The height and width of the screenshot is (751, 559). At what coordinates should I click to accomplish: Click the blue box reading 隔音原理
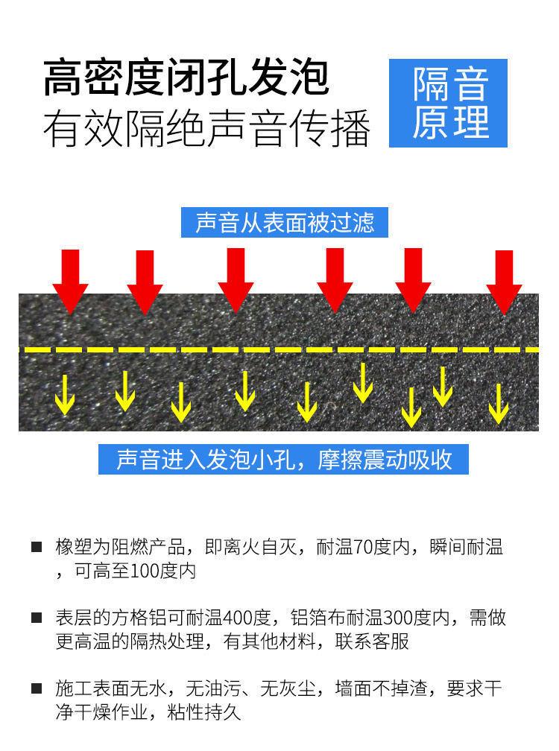pos(449,103)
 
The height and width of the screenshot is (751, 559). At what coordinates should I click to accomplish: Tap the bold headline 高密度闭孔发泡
pos(186,78)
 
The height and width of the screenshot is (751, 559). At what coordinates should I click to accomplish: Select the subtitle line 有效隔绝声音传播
pos(206,128)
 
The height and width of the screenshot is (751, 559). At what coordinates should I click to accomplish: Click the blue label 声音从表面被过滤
pos(285,223)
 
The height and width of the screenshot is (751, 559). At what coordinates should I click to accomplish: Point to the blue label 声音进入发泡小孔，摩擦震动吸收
pos(285,459)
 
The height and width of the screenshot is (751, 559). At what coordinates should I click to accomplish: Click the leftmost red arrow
pos(70,280)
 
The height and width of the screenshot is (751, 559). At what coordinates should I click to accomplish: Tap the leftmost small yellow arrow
pos(66,394)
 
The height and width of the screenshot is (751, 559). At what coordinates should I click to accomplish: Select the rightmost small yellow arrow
pos(498,403)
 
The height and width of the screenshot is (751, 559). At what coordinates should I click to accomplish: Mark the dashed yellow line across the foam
pos(279,349)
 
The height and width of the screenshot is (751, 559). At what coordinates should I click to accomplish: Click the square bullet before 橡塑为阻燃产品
pos(36,548)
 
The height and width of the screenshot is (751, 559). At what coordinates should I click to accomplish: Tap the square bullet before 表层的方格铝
pos(36,618)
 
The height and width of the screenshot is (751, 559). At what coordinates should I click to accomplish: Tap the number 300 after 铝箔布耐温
pos(398,618)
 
